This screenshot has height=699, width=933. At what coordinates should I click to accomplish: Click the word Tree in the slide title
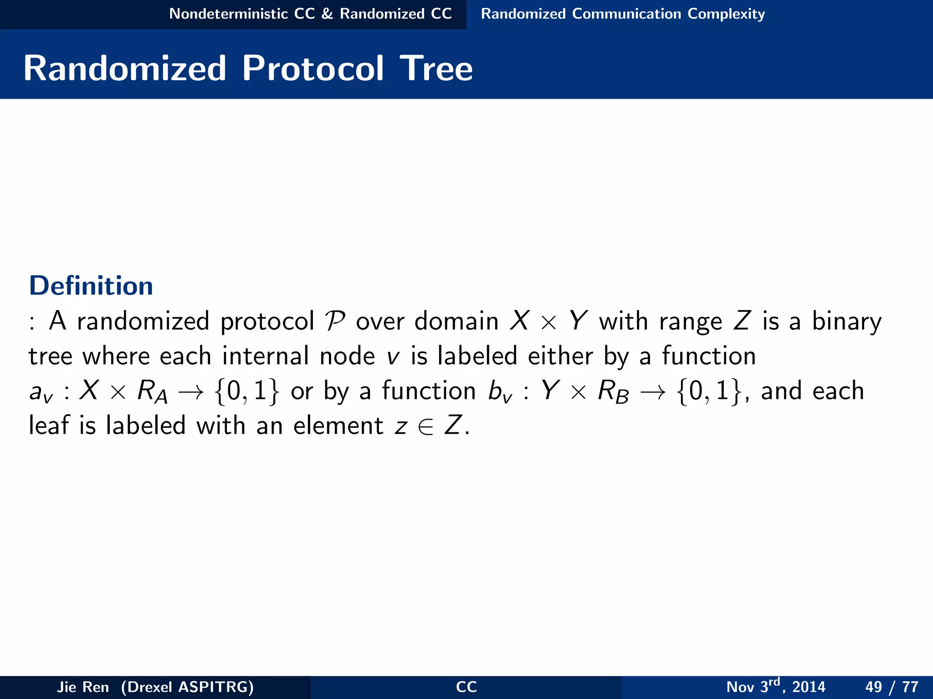pos(436,68)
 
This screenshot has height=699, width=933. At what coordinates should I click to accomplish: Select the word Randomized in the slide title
pos(125,68)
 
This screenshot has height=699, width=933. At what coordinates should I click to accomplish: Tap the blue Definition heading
pos(91,286)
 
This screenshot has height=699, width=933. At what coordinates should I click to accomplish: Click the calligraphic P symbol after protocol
pos(335,321)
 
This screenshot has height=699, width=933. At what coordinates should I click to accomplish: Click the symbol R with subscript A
pos(152,391)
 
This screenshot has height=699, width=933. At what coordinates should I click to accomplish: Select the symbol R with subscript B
pos(613,391)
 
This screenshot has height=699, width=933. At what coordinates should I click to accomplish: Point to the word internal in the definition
pos(265,356)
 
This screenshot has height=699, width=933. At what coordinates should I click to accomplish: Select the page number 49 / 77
pos(892,687)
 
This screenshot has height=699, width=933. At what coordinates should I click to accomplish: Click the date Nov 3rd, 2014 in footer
pos(775,686)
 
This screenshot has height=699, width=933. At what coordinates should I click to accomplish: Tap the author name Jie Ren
pos(83,687)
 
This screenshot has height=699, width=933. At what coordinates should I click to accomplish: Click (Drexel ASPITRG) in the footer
pos(187,687)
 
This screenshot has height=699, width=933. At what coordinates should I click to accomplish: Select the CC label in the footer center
pos(466,687)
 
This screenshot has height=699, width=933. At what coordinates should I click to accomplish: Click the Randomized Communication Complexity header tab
pos(623,14)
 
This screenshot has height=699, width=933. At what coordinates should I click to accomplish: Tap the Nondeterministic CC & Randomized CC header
pos(310,14)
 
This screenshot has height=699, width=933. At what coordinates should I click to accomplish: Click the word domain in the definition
pos(456,321)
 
